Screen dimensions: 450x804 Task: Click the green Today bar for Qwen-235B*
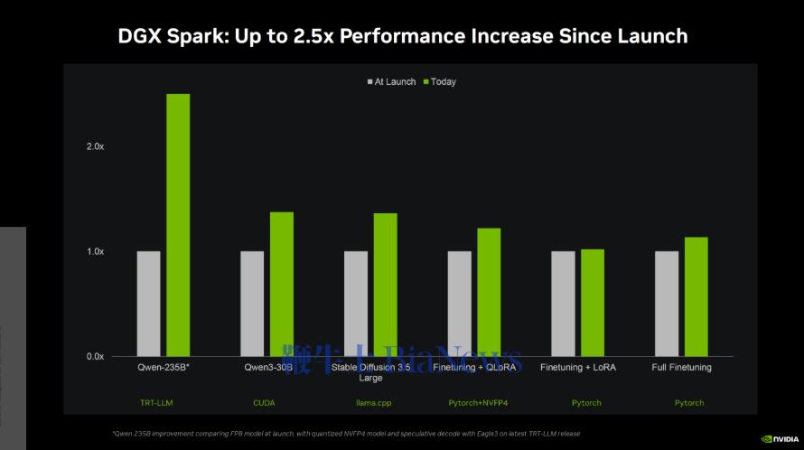click(178, 225)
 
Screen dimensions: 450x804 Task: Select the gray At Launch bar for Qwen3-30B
click(252, 304)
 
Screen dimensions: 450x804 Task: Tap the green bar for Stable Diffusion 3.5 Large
click(386, 285)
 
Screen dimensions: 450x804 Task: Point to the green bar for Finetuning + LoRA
click(593, 303)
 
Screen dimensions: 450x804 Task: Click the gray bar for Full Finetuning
click(667, 304)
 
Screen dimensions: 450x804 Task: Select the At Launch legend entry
click(391, 82)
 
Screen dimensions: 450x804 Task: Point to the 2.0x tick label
click(96, 146)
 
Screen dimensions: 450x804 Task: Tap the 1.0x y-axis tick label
click(96, 251)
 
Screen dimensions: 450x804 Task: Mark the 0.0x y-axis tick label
click(96, 356)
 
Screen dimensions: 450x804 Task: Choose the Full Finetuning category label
click(682, 368)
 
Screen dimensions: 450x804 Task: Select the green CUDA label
click(264, 402)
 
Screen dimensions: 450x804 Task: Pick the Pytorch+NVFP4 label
click(476, 402)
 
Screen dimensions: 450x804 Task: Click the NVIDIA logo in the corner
click(779, 439)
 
